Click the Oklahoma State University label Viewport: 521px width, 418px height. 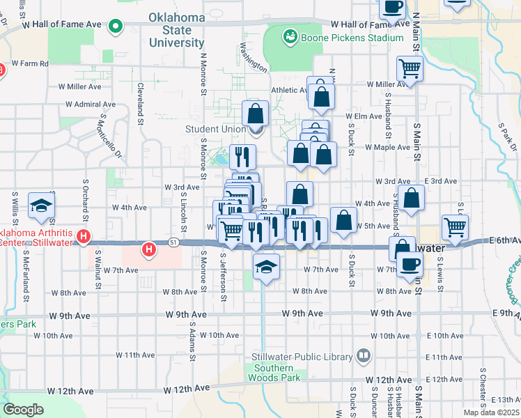click(x=177, y=30)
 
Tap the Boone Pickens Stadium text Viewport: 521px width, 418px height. click(x=351, y=38)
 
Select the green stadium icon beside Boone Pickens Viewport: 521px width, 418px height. click(x=290, y=36)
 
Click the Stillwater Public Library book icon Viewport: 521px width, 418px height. click(x=363, y=357)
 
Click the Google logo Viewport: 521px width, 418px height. click(x=23, y=410)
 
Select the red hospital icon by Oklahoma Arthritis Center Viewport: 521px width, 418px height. click(x=84, y=237)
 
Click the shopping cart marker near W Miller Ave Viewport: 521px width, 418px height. click(x=410, y=69)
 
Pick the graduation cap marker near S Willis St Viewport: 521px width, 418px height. click(x=41, y=205)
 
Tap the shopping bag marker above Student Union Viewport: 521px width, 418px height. click(x=256, y=114)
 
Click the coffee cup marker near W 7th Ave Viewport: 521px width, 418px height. click(x=409, y=264)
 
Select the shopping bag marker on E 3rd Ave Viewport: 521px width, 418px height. click(x=412, y=198)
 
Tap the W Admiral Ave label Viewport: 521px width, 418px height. click(x=91, y=104)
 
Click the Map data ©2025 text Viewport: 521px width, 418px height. click(x=492, y=412)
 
